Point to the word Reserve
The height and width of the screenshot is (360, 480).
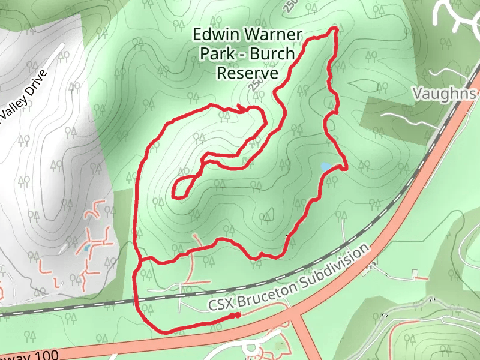[247, 73]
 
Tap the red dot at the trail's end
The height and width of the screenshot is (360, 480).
[238, 315]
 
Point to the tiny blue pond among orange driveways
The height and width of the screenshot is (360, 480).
[88, 247]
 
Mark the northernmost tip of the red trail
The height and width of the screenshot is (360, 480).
[335, 29]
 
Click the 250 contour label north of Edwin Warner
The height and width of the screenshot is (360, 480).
[290, 7]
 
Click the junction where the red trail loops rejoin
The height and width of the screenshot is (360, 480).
[139, 260]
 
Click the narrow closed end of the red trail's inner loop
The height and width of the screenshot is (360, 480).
[175, 193]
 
